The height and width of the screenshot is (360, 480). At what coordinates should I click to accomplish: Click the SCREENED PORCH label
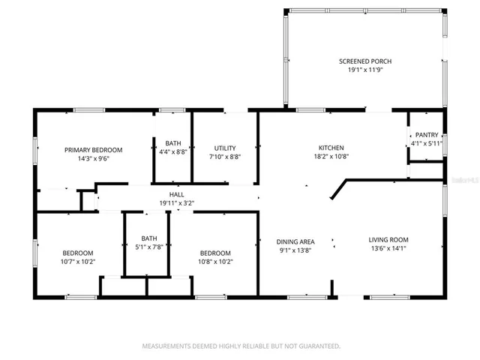point(365,61)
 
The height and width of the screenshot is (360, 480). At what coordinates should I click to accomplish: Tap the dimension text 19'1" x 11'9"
point(365,71)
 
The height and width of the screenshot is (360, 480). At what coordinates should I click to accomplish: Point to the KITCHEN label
point(331,148)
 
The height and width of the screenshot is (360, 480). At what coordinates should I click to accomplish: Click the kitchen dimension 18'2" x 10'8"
point(331,157)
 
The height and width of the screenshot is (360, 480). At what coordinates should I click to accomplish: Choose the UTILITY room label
point(225,148)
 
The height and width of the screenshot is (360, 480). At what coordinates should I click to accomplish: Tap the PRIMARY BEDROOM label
point(93,150)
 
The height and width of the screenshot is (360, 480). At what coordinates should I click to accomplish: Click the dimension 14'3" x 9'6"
point(93,160)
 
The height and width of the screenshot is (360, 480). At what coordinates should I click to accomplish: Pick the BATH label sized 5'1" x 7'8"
point(148,238)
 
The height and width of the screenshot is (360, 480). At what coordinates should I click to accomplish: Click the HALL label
point(176,194)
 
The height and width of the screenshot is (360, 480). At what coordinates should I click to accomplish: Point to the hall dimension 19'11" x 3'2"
point(176,203)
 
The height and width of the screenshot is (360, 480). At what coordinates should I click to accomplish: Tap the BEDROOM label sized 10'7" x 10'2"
point(78,253)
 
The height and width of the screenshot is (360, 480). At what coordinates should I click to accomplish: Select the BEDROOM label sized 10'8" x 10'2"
point(215,253)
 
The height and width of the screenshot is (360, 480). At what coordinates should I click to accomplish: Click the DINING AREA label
point(295,241)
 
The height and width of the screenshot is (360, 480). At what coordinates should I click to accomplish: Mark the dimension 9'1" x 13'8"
point(295,251)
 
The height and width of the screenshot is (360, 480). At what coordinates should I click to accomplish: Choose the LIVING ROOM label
point(388,240)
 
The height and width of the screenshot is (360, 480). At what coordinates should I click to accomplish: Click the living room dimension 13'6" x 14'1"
point(388,250)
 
